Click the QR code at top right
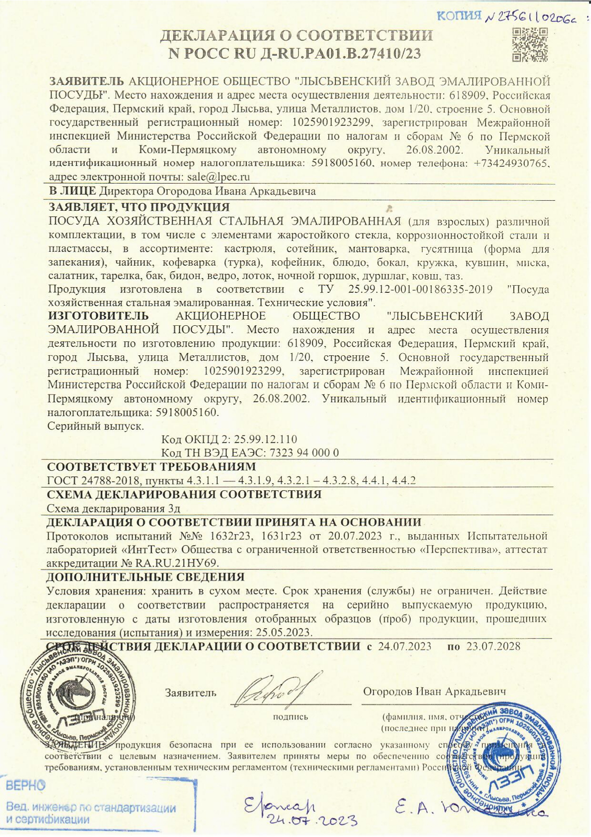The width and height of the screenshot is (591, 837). (x=530, y=45)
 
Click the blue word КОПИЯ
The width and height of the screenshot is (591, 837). (x=459, y=16)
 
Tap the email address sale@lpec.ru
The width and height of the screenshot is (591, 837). (x=218, y=177)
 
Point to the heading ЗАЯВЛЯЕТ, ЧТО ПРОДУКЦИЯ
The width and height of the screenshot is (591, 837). (x=139, y=207)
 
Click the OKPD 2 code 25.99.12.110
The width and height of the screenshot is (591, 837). (x=265, y=439)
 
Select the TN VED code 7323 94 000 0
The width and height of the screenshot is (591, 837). (x=304, y=453)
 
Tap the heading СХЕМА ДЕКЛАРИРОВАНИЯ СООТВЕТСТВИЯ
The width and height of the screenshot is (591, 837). (x=184, y=494)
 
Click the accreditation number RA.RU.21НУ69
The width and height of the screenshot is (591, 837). (x=176, y=563)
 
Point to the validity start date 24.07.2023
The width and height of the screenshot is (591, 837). (x=405, y=647)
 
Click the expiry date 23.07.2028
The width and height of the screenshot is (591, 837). (x=493, y=647)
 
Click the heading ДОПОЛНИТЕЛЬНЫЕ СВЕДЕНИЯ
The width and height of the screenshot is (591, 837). (x=145, y=577)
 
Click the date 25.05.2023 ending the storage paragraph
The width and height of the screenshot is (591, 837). (x=284, y=633)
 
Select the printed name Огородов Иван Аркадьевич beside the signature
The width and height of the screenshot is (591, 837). (x=434, y=692)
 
